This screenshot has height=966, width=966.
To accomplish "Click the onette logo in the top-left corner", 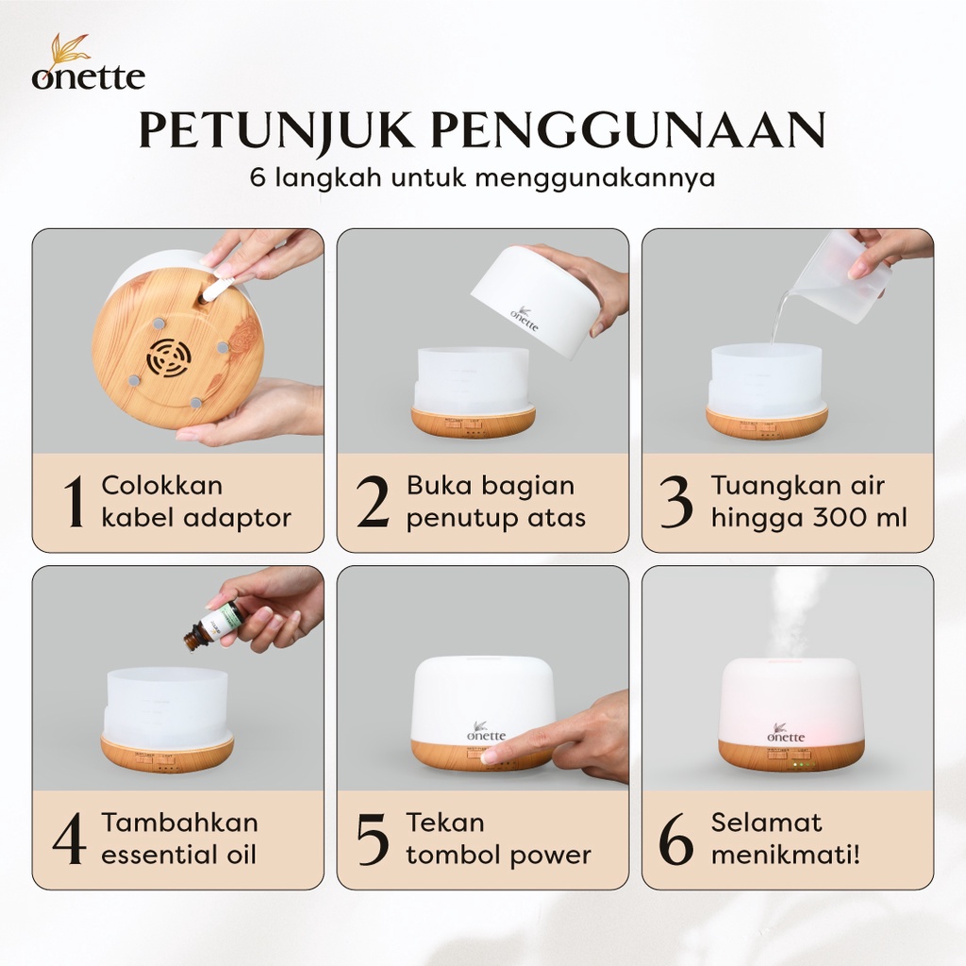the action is [x=89, y=62].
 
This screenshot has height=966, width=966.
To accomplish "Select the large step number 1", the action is [x=75, y=502].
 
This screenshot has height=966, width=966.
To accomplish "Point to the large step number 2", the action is [x=374, y=502].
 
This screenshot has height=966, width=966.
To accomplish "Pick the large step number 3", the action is [x=675, y=502].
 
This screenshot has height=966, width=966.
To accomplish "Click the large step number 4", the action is [x=69, y=839].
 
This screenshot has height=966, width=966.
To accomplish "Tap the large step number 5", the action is [x=373, y=839].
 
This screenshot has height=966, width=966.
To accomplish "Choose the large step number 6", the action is [x=675, y=839].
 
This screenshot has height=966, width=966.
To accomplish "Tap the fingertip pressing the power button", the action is [x=500, y=755].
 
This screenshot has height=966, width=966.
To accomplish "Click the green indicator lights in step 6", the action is [x=801, y=764].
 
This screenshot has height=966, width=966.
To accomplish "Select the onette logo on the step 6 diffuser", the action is [x=786, y=731].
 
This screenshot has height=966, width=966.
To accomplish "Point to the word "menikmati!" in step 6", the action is [x=786, y=855].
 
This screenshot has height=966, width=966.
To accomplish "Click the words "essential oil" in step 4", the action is [x=178, y=855].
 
